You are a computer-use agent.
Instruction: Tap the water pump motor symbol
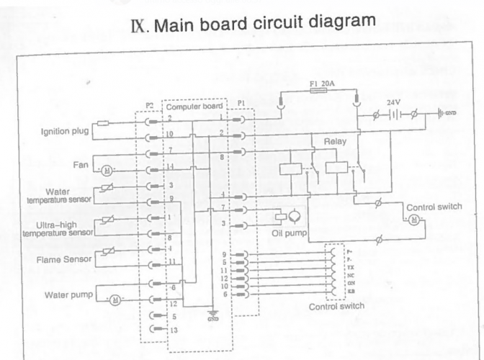(x=114, y=300)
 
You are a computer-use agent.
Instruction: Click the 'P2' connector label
(x=150, y=105)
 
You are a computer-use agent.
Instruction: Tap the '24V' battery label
(x=393, y=102)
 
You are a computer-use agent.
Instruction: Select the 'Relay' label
(x=335, y=141)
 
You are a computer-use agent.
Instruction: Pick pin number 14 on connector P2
(x=170, y=166)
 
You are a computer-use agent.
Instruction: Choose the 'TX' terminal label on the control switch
(x=351, y=266)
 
